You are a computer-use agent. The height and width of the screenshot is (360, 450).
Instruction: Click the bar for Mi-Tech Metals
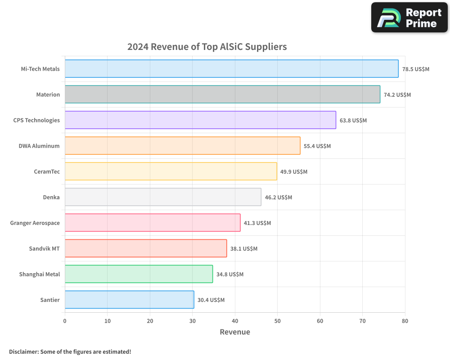coord(231,69)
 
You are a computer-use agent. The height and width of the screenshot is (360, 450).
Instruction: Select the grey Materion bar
coord(222,94)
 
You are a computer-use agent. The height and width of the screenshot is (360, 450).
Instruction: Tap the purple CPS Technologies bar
coord(200,120)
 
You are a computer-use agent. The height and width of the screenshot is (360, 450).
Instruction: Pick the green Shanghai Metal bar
coord(139,274)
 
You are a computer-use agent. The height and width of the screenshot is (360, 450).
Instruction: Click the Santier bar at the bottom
coord(129,300)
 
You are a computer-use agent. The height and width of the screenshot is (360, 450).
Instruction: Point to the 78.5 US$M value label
coord(416,69)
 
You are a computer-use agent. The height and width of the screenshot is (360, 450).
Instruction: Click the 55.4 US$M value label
coord(317,146)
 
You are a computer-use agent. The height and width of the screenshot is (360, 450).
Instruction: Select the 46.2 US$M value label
coord(279,198)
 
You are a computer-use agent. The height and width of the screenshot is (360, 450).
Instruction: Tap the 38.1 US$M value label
coord(244,249)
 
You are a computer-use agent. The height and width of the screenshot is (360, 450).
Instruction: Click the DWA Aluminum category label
coord(39,146)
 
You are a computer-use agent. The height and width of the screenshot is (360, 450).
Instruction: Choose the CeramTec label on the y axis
coord(47,171)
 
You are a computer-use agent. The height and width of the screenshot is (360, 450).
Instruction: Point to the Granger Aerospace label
coord(35,223)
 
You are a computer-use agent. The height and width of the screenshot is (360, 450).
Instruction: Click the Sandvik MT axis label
coord(44,248)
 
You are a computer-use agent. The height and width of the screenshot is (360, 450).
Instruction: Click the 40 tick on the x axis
coord(235,321)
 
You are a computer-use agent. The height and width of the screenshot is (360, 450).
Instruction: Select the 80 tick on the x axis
coord(405,321)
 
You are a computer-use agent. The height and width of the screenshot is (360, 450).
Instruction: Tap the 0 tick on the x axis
coord(65,321)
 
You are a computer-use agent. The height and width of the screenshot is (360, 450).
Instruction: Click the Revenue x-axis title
coord(234,332)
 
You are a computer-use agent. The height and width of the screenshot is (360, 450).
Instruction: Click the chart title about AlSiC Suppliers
coord(207,47)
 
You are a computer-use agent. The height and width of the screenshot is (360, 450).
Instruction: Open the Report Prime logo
coord(409,18)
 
